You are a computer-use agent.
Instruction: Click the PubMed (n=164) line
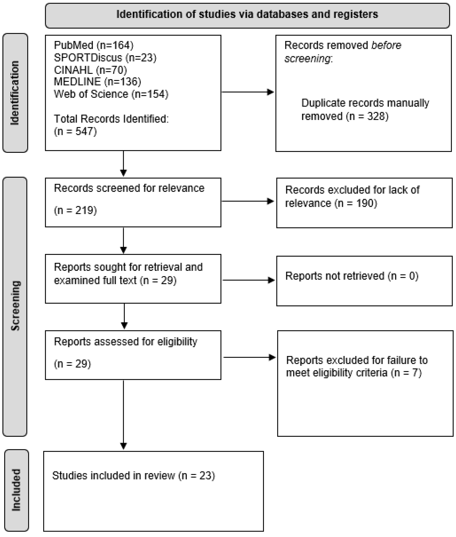[x=94, y=46]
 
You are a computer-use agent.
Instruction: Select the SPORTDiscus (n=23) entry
[x=105, y=58]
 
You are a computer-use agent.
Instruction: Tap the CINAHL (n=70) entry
[x=90, y=70]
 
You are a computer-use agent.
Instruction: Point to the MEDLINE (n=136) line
[x=97, y=82]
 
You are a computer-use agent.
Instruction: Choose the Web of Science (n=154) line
[x=111, y=94]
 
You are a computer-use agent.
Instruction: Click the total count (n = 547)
[x=75, y=132]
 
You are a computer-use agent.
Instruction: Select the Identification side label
[x=15, y=93]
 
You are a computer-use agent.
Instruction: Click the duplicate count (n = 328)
[x=367, y=116]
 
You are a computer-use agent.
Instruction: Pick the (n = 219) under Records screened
[x=75, y=210]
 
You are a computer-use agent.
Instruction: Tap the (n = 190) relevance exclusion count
[x=356, y=203]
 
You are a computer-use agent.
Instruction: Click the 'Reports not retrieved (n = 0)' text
[x=351, y=276]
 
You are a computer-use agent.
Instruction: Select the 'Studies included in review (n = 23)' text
[x=133, y=476]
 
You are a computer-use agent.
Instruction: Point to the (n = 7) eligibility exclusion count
[x=406, y=373]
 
